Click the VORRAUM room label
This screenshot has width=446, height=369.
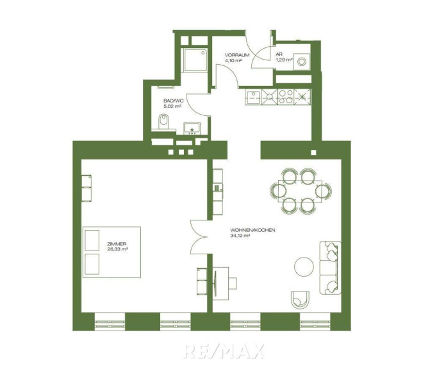coord(237,55)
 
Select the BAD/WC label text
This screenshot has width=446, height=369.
coord(174,101)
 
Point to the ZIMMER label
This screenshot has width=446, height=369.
coord(117,244)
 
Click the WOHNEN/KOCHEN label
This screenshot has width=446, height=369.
coord(253,230)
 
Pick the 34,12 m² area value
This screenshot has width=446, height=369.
coord(240,235)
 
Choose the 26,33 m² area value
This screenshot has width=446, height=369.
coord(117,249)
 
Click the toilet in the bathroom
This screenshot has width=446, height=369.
coord(163,121)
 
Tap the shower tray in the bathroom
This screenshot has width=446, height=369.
coord(195,60)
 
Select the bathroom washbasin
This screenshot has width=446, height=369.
coord(192,128)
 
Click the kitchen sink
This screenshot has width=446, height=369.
coord(253,97)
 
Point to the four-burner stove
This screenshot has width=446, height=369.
coord(285,97)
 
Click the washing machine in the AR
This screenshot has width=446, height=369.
coord(302,61)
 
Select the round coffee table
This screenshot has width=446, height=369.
coord(304,266)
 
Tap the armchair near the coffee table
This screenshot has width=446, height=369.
coord(300,299)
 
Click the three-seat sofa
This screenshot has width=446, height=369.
coord(330,268)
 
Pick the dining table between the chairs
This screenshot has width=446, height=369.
coord(301,190)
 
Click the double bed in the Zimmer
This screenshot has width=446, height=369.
coord(111,252)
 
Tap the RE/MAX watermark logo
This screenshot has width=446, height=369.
coord(224,351)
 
